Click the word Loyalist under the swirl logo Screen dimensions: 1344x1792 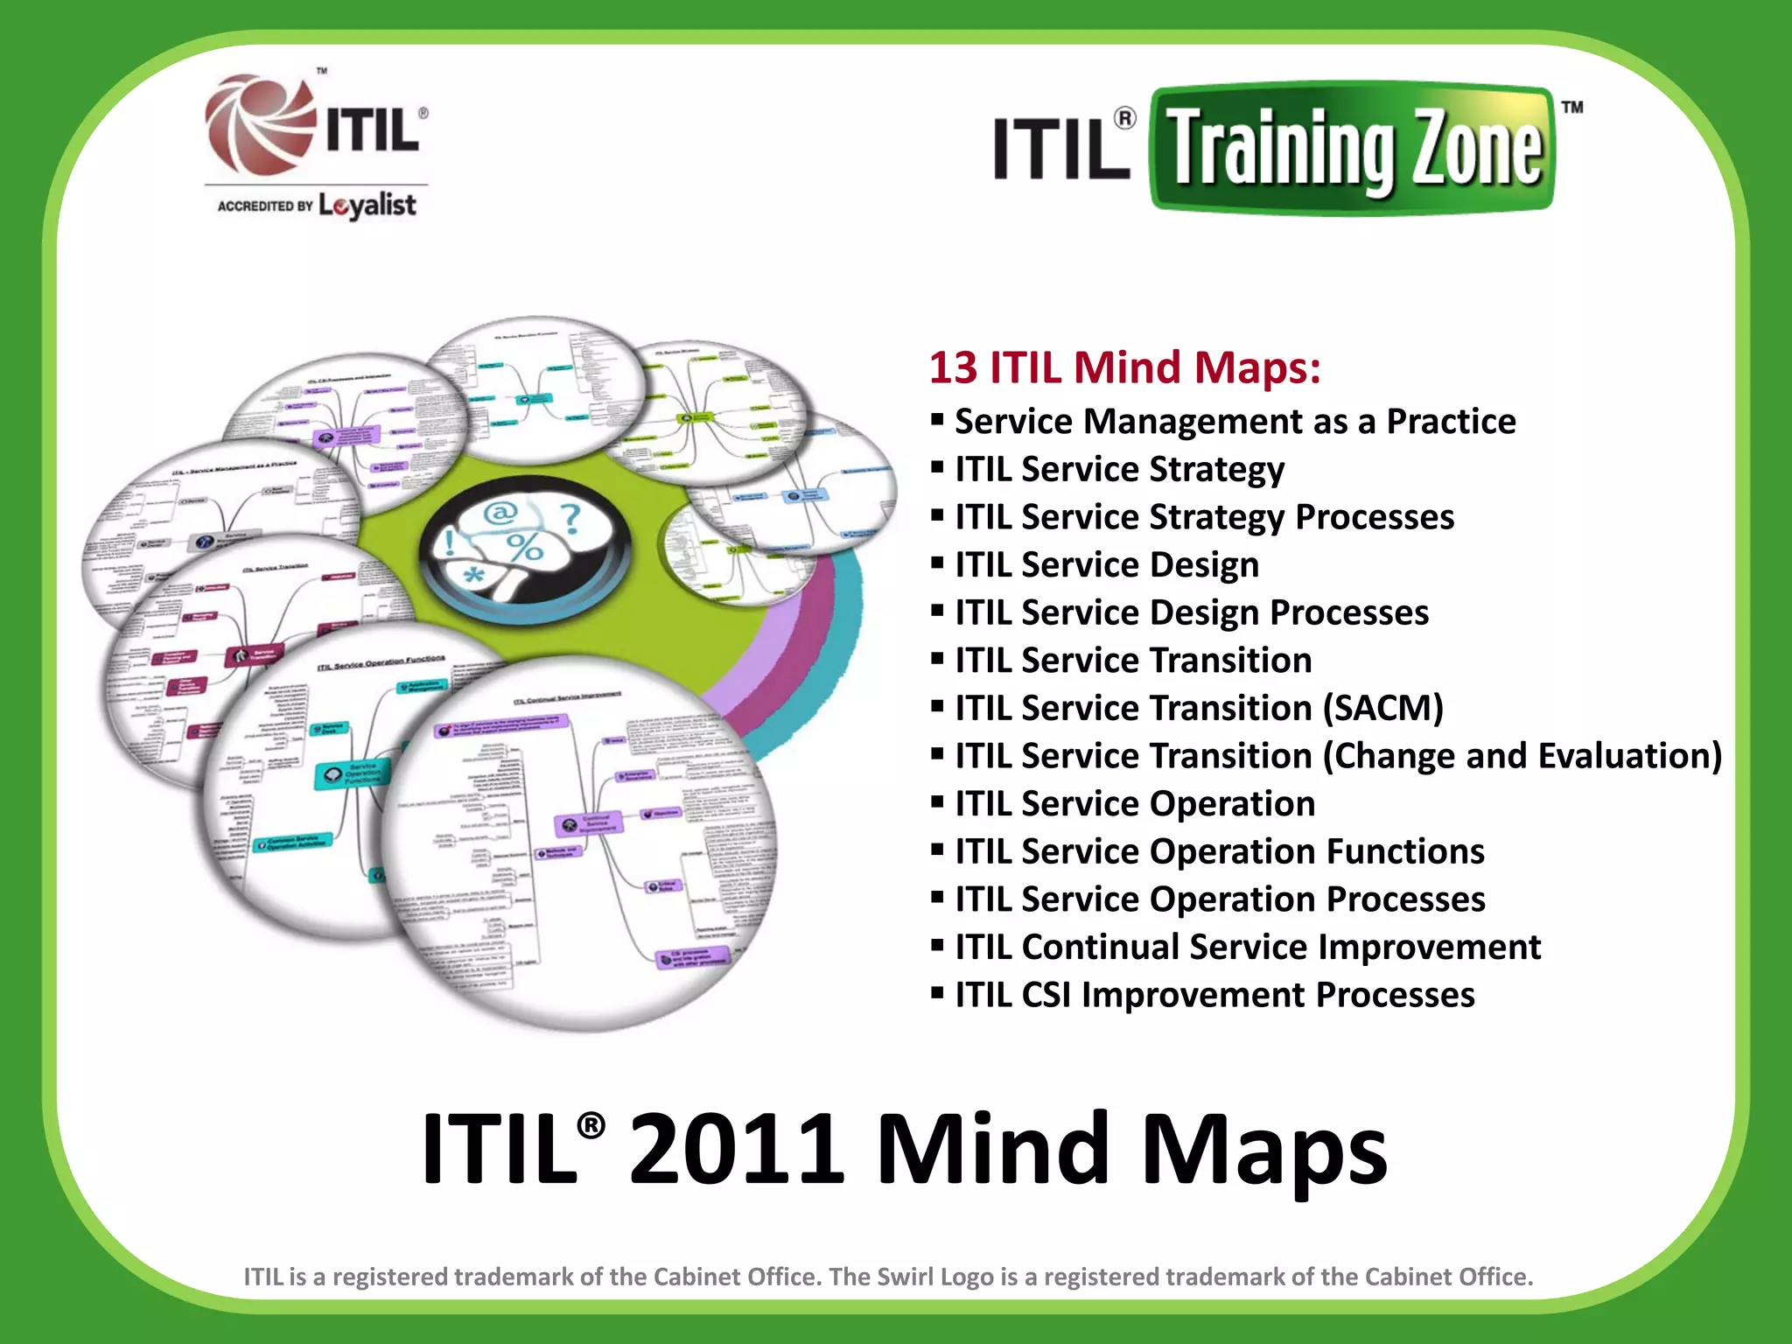tap(367, 206)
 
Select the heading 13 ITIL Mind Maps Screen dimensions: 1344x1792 tap(1124, 367)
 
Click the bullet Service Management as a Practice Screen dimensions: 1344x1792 tap(1235, 422)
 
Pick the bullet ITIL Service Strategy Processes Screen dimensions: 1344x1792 tap(1204, 517)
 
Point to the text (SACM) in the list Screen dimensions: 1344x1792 tap(1382, 708)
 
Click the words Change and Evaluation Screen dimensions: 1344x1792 tap(1522, 756)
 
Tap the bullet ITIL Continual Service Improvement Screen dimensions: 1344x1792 tap(1248, 947)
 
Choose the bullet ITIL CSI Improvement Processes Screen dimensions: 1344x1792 tap(1214, 995)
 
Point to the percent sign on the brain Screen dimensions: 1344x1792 tap(525, 548)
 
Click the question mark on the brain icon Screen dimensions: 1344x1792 tap(570, 517)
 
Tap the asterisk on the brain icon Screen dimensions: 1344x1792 tap(473, 577)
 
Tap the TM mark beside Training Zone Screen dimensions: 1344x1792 tap(1572, 108)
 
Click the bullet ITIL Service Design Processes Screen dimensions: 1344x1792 tap(1192, 612)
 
